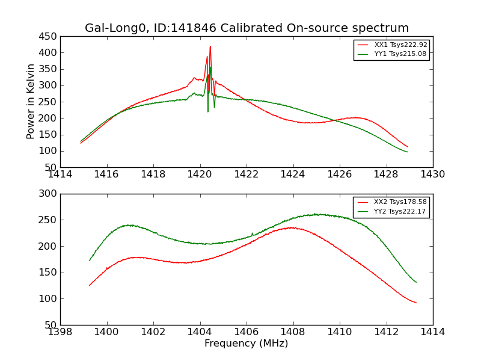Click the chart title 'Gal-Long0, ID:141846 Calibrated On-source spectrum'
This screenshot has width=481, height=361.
pyautogui.click(x=247, y=28)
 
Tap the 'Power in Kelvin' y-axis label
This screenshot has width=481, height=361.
pyautogui.click(x=31, y=102)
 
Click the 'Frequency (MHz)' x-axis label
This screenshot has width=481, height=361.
pyautogui.click(x=247, y=344)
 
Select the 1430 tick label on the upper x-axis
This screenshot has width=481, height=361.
pyautogui.click(x=433, y=174)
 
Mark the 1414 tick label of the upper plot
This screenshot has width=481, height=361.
pyautogui.click(x=60, y=174)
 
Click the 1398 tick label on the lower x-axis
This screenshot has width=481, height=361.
pyautogui.click(x=60, y=332)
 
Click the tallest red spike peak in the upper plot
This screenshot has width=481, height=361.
pyautogui.click(x=210, y=46)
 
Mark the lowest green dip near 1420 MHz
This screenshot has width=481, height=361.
pyautogui.click(x=208, y=111)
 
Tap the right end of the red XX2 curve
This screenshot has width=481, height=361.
pyautogui.click(x=416, y=303)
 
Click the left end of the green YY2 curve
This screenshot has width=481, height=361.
pyautogui.click(x=90, y=261)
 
